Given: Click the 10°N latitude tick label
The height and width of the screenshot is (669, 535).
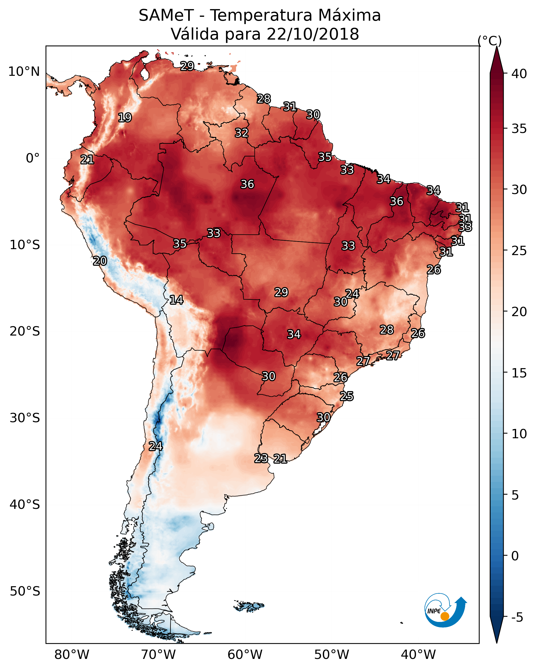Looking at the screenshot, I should point(24,72).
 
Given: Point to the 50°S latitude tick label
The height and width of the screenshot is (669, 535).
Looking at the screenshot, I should point(25,591).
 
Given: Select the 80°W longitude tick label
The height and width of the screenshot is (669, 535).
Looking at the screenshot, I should point(72,655).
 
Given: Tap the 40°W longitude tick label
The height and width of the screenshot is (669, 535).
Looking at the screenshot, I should point(418,655).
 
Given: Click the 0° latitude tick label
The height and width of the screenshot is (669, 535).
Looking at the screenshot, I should point(33,158).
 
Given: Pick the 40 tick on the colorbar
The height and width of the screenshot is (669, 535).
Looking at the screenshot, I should point(519,74).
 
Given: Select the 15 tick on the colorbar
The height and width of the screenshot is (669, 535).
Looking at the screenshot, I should point(519,373).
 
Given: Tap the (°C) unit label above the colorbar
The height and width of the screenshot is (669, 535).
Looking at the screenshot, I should point(489,41).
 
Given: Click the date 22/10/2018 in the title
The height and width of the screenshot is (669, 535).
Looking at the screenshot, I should point(313,34).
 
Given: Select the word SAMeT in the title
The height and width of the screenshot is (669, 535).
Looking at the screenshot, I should point(166,16).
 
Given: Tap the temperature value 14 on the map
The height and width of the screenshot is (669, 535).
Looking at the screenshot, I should point(176,300).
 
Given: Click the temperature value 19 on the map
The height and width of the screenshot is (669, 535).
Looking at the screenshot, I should point(125,118).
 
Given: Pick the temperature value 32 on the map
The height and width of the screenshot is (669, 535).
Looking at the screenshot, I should point(241,133).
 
